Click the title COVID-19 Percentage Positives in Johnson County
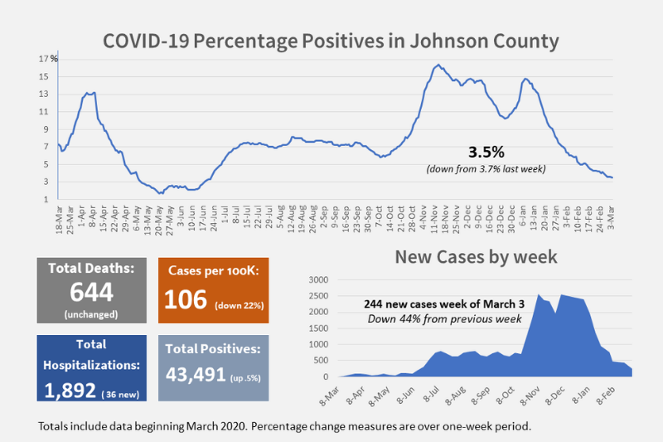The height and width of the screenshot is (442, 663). click(x=331, y=41)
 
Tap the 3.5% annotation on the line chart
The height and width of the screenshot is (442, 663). click(x=486, y=153)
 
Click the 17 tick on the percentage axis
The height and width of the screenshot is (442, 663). click(x=42, y=59)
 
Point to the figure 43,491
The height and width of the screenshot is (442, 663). click(x=196, y=374)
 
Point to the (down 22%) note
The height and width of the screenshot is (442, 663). click(x=240, y=305)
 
